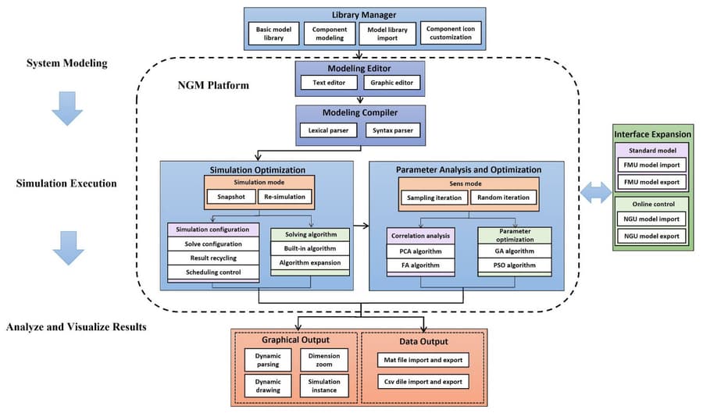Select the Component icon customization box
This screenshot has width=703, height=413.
[451, 34]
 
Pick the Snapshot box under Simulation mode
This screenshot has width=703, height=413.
[230, 197]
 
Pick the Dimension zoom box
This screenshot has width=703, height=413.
[319, 360]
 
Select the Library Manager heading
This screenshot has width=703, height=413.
[365, 15]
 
